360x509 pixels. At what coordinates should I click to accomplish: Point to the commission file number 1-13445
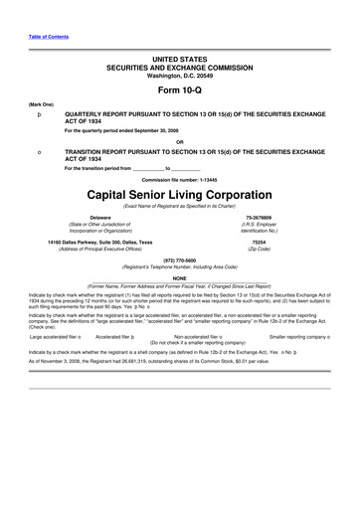179,178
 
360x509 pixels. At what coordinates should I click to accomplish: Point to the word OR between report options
179,141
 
